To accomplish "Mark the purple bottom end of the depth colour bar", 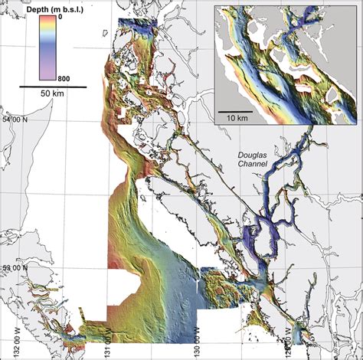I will coord(50,77).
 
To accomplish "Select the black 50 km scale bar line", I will coord(51,87).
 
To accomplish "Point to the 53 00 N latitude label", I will coord(15,268).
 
